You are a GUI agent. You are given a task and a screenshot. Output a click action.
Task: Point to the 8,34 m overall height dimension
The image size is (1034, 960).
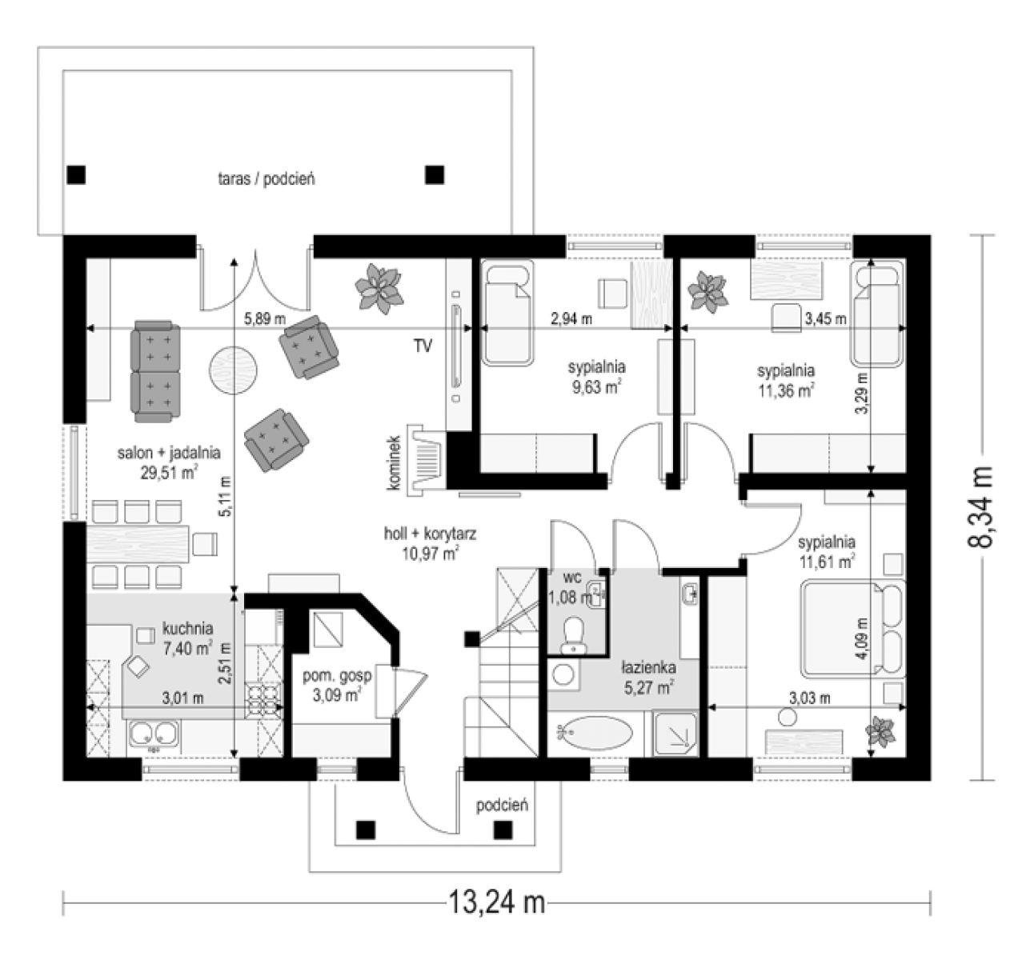[980, 507]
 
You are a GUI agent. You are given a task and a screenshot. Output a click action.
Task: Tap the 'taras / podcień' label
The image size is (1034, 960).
[266, 179]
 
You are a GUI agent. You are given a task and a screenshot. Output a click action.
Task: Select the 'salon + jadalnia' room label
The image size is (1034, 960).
[169, 453]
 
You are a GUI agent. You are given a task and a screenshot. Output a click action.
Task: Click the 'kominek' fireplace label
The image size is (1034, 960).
[394, 463]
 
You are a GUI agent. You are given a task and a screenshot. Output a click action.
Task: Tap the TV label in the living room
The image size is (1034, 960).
[423, 346]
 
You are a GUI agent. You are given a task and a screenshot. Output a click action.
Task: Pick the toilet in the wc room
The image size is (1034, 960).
[575, 635]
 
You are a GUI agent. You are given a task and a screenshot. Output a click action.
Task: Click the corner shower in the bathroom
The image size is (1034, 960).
[675, 734]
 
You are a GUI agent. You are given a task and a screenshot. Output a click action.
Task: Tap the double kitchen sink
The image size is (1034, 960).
[154, 734]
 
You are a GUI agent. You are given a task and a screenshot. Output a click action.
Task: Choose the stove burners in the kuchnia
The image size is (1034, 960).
[263, 701]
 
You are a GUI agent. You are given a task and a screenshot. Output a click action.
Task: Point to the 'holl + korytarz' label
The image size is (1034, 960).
[430, 534]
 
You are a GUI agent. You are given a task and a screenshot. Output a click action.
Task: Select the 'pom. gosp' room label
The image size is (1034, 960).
[338, 676]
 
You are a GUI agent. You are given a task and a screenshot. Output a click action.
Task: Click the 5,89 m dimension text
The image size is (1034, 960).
[265, 318]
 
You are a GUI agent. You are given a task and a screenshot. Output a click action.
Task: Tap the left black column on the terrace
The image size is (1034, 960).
[76, 175]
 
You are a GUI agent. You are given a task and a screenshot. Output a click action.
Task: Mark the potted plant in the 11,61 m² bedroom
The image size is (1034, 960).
[880, 731]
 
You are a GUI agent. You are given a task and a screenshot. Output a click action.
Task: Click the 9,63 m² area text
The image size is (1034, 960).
[597, 388]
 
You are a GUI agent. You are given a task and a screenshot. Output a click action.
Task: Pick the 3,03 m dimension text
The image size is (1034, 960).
[810, 698]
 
